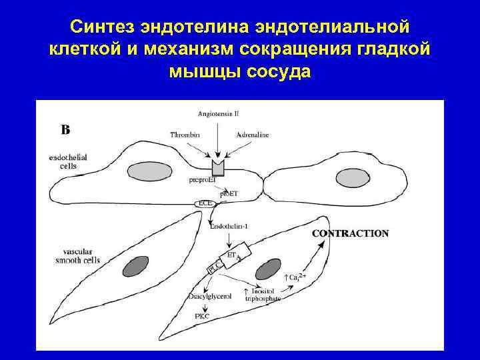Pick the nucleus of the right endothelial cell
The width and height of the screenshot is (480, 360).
(x=353, y=178)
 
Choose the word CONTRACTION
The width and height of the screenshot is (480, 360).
(x=350, y=234)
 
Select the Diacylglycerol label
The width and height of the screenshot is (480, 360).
(x=210, y=297)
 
